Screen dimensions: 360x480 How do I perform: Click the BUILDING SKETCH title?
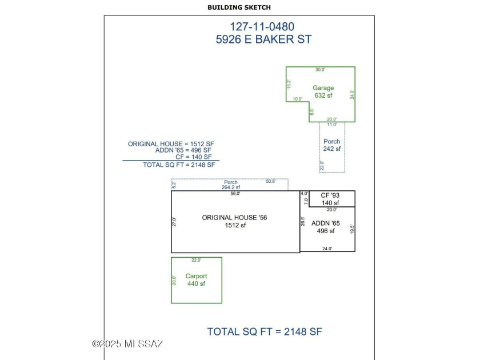tap(239, 7)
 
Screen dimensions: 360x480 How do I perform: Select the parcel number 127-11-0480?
tap(262, 26)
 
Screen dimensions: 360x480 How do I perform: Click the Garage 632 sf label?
tap(323, 91)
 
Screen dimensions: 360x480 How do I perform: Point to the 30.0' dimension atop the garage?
tap(321, 70)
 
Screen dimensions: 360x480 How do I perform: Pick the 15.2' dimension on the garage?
tap(289, 83)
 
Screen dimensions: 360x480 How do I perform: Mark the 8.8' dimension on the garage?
tap(311, 113)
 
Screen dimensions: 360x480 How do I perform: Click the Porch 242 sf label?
tap(331, 145)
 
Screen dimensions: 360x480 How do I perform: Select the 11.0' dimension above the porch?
tap(331, 125)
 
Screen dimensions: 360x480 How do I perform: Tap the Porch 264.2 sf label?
tap(231, 185)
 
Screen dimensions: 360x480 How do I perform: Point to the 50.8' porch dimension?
tap(270, 182)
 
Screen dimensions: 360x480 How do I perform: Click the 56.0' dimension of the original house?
tap(235, 194)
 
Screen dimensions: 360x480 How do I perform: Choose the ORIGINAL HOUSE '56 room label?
tap(235, 221)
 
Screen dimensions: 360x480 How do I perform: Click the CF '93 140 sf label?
tap(330, 199)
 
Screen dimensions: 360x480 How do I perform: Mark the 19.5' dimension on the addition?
tap(353, 229)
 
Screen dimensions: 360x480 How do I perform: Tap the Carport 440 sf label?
tap(196, 280)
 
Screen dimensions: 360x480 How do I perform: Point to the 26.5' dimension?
tap(303, 221)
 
